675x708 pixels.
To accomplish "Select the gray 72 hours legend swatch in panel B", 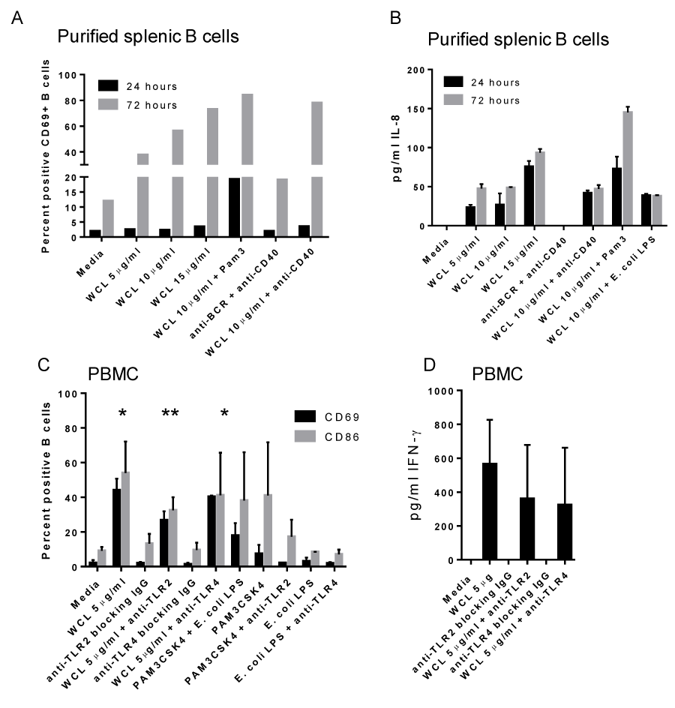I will point(452,100).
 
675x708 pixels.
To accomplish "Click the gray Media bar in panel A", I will point(109,218).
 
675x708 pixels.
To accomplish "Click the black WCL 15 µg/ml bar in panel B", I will point(529,195).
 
